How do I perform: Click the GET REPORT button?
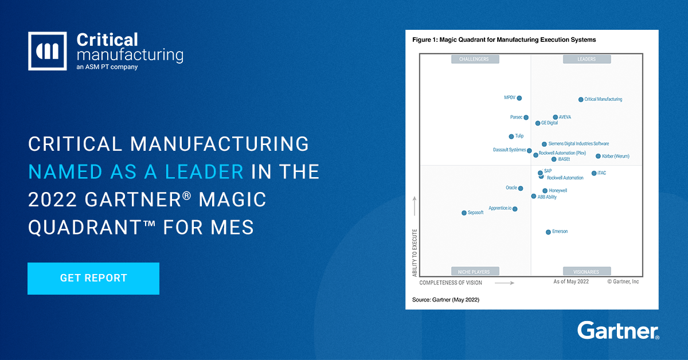(93, 279)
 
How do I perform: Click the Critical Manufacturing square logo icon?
(47, 51)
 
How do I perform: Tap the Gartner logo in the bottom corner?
(618, 331)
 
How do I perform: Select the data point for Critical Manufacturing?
(581, 100)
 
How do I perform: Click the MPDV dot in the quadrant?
(519, 98)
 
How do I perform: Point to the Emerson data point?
(548, 232)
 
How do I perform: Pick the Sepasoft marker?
(464, 213)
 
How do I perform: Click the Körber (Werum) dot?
(598, 156)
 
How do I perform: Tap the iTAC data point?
(594, 173)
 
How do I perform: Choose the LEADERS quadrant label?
(587, 59)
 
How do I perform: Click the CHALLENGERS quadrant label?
(475, 59)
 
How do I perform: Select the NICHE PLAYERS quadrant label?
(475, 272)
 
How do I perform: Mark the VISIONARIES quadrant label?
(587, 272)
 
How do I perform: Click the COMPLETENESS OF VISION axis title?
(451, 283)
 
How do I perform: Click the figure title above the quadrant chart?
(504, 40)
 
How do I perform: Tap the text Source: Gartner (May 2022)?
(445, 300)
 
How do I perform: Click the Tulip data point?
(511, 136)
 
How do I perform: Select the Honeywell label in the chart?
(558, 191)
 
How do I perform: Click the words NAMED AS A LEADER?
(136, 171)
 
